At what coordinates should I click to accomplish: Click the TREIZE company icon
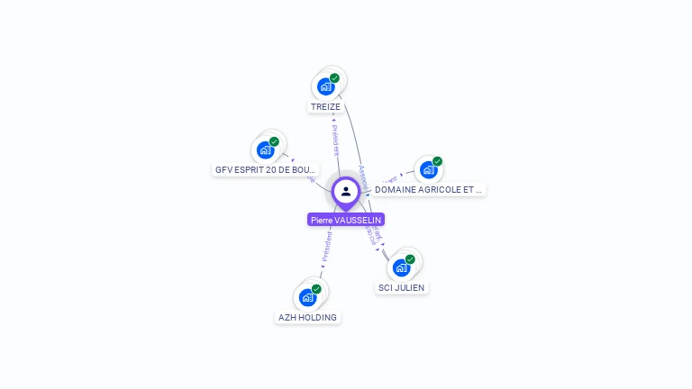tap(325, 87)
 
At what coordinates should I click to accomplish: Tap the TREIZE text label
tap(325, 106)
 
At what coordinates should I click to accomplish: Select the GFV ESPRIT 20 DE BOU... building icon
tap(265, 149)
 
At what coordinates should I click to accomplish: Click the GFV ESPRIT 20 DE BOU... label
tap(266, 169)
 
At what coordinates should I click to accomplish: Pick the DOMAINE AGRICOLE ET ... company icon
tap(428, 169)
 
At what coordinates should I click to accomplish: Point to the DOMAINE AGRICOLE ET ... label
tap(429, 190)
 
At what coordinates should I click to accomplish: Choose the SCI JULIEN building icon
tap(401, 267)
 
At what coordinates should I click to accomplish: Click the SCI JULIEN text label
tap(401, 288)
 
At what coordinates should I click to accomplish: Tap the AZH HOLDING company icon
tap(307, 297)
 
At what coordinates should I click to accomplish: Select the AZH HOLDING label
tap(307, 317)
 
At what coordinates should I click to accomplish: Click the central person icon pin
tap(346, 191)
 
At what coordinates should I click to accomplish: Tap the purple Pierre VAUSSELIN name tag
tap(346, 220)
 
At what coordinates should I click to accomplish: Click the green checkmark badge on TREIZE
tap(334, 78)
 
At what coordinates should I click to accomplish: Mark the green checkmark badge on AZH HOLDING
tap(316, 289)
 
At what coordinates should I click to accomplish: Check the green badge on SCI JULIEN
tap(410, 259)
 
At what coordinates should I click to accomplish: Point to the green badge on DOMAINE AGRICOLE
tap(437, 162)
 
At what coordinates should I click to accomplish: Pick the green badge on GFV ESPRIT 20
tap(274, 141)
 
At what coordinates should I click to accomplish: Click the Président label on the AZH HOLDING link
tap(327, 246)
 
